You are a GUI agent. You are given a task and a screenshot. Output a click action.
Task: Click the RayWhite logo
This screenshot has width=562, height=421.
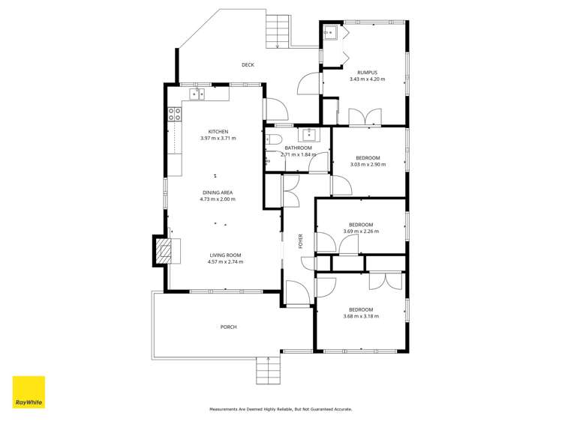click(29, 392)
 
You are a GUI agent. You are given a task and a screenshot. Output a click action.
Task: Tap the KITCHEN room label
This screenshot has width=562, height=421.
click(218, 132)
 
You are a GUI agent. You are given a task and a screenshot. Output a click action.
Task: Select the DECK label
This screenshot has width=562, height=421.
click(248, 65)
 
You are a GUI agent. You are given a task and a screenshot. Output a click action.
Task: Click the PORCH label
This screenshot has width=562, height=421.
click(229, 327)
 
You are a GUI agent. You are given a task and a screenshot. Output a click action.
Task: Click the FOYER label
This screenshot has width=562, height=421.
click(301, 241)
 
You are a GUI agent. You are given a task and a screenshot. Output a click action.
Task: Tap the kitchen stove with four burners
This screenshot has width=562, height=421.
click(174, 115)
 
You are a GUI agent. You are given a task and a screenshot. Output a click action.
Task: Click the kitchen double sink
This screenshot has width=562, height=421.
click(197, 94)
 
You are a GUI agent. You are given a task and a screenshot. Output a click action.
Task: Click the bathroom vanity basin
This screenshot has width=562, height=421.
click(308, 135)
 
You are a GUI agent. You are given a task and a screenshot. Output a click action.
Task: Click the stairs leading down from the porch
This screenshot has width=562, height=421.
click(267, 369)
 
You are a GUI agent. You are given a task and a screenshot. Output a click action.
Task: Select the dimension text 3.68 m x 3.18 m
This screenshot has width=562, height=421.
click(361, 316)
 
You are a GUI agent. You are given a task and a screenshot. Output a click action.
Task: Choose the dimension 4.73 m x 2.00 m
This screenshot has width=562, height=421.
click(218, 199)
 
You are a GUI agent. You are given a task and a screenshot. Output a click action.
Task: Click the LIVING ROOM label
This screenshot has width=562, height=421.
click(225, 255)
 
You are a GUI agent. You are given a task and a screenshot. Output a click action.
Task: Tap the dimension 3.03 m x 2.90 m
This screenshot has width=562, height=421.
click(368, 164)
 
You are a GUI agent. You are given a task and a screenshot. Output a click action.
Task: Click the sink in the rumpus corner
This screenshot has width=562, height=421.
click(331, 33)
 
